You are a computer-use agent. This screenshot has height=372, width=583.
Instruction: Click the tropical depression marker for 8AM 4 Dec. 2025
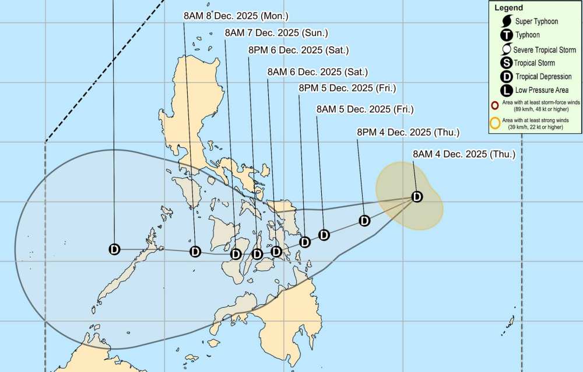tap(417, 197)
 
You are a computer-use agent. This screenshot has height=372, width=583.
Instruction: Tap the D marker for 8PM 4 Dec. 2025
tap(365, 221)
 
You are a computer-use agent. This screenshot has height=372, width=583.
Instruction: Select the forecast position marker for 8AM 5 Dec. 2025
tap(324, 235)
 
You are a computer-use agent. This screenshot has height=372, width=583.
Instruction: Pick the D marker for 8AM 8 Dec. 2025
tap(195, 252)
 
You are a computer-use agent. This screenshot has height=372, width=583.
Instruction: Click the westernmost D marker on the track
tap(114, 249)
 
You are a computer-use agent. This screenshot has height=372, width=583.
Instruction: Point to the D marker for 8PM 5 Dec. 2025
tap(304, 242)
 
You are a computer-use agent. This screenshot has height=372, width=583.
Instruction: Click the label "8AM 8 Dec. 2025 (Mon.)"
tap(236, 16)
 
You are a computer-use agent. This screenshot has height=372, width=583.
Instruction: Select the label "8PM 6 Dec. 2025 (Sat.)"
tap(298, 50)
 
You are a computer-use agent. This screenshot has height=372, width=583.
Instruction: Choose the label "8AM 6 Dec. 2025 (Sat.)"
tap(317, 72)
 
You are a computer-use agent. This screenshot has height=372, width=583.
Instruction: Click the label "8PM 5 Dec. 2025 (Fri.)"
tap(347, 88)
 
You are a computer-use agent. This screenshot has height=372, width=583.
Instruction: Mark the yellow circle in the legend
tap(496, 123)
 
